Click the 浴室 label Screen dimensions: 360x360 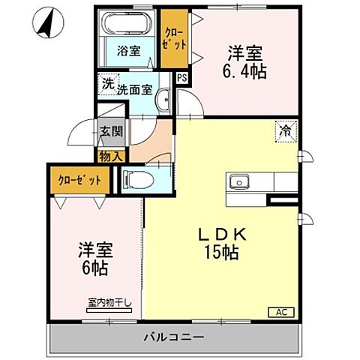[128, 52]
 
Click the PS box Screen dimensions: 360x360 [181, 76]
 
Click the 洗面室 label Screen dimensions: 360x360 [135, 89]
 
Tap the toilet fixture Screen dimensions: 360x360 [136, 179]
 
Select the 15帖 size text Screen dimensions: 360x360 [220, 253]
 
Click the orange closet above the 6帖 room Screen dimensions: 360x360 [79, 181]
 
